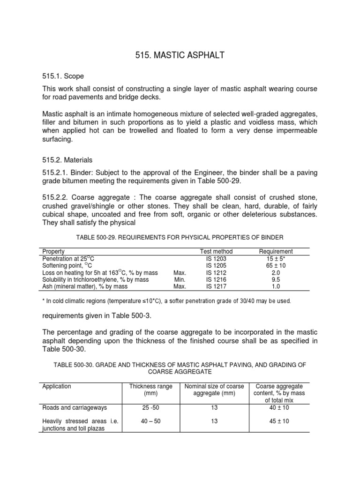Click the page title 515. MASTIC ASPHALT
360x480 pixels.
[180, 56]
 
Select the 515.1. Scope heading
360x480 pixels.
[63, 76]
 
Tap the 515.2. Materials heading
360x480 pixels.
[67, 160]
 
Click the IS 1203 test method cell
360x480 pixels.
[216, 258]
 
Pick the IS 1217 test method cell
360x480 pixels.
[216, 286]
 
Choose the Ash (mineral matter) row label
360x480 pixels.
[78, 286]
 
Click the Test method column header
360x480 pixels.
[216, 252]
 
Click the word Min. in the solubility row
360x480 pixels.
[180, 279]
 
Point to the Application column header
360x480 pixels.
[57, 386]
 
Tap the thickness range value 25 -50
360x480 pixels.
[150, 408]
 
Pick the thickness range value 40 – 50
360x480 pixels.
[150, 421]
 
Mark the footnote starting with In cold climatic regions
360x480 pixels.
[166, 300]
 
